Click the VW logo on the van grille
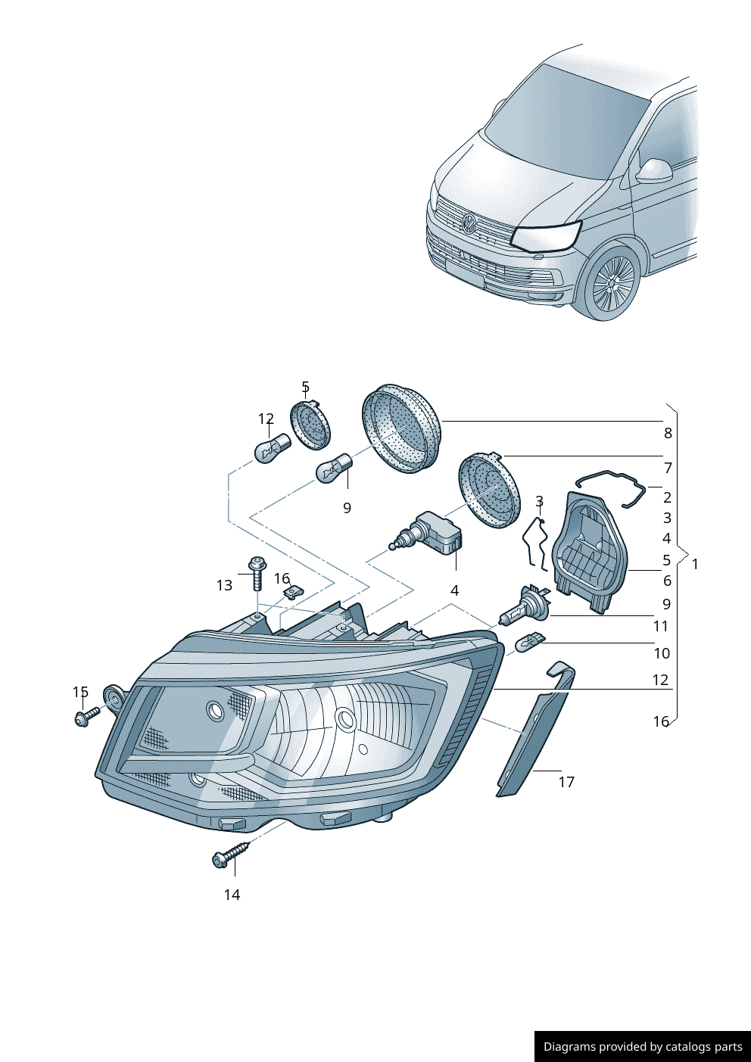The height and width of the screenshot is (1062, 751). click(x=468, y=223)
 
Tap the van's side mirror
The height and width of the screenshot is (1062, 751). click(x=653, y=171)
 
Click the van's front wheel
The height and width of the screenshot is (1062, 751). click(x=612, y=285)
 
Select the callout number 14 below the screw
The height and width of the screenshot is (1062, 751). click(x=232, y=895)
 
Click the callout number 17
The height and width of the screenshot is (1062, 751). click(x=566, y=782)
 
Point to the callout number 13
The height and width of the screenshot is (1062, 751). click(x=224, y=585)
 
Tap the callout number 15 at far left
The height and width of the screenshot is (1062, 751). click(x=80, y=692)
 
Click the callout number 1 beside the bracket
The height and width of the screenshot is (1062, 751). click(x=695, y=564)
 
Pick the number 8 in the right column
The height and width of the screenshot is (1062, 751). click(x=668, y=433)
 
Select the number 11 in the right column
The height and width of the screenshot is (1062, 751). click(x=661, y=626)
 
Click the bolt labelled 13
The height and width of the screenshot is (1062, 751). click(x=257, y=573)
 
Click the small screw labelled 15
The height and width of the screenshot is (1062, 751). click(x=86, y=715)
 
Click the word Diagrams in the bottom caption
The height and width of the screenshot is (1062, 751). click(x=569, y=1047)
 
